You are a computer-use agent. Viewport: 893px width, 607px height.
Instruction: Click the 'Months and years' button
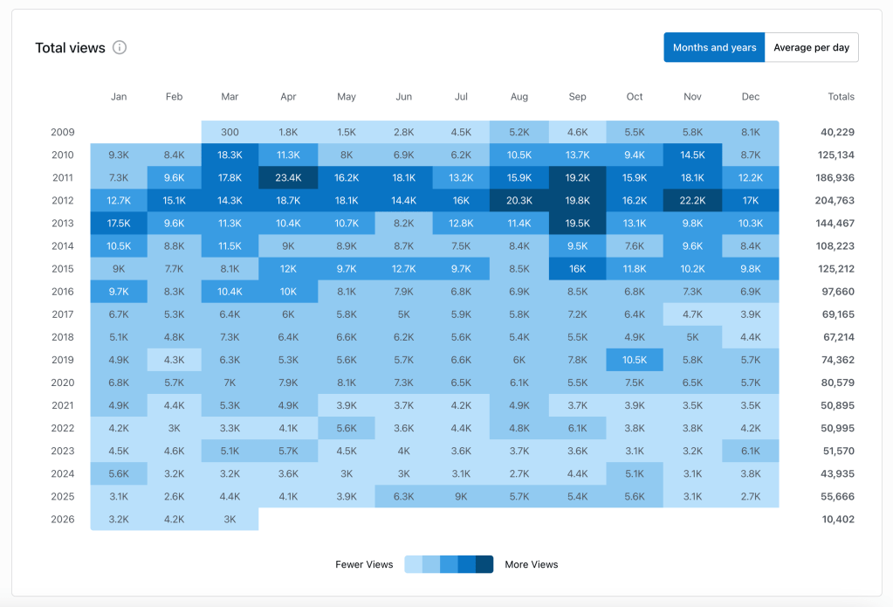(x=714, y=47)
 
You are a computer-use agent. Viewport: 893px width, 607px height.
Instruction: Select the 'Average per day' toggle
(x=811, y=47)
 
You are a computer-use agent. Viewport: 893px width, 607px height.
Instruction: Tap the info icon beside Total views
(x=120, y=47)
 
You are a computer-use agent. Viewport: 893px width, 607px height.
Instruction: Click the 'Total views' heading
(x=70, y=48)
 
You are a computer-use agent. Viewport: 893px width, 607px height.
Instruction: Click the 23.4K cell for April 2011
(x=288, y=177)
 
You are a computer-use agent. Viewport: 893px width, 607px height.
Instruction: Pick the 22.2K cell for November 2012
(x=692, y=200)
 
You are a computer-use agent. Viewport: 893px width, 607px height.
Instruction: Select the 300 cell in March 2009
(x=230, y=132)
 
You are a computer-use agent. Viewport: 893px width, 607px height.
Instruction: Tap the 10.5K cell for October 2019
(x=635, y=359)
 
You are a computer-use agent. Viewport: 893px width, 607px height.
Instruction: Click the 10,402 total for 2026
(x=838, y=519)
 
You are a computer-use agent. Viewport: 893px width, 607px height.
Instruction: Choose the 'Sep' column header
(x=577, y=97)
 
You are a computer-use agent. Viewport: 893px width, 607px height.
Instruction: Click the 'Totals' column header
(x=841, y=97)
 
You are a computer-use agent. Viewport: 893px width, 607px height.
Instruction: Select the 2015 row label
(x=62, y=268)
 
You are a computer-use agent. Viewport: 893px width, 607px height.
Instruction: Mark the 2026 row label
(x=62, y=519)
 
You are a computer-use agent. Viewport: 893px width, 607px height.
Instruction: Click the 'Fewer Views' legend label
(x=364, y=564)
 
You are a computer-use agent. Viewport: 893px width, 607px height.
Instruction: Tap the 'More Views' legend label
(x=531, y=564)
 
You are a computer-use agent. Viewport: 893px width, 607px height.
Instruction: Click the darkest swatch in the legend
(x=484, y=564)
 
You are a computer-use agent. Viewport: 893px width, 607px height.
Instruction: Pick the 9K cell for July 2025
(x=461, y=496)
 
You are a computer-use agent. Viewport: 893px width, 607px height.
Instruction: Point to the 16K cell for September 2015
(x=577, y=268)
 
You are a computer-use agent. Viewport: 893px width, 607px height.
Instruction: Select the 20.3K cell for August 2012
(x=519, y=200)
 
